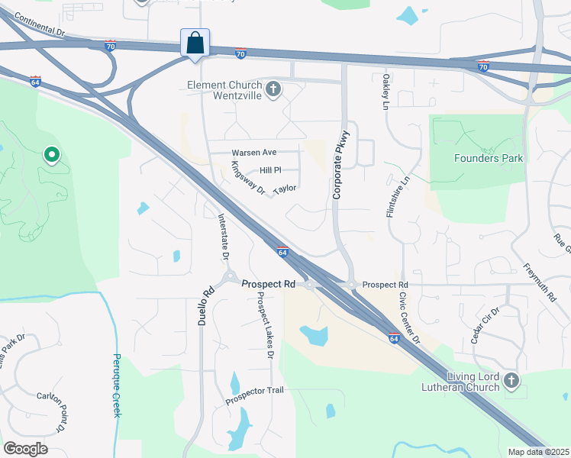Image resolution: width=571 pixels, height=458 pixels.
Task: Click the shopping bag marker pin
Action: tap(195, 43)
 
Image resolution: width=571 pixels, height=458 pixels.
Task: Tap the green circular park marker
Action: tap(52, 156)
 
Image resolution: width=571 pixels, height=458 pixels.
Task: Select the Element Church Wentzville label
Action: tap(225, 91)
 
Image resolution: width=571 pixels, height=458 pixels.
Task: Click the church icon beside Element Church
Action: tap(273, 90)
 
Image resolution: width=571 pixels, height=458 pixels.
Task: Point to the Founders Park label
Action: tap(489, 158)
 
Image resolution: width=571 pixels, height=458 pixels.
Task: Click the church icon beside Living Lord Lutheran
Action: tap(511, 380)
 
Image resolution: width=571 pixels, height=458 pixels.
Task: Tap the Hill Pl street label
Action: tap(270, 170)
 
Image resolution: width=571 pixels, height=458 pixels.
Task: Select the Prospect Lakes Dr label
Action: tap(265, 325)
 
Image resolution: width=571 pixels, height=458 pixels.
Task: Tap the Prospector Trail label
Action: tap(254, 391)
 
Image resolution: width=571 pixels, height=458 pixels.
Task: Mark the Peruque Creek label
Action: tap(118, 385)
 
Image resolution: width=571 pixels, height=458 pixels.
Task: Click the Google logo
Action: tap(25, 449)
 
